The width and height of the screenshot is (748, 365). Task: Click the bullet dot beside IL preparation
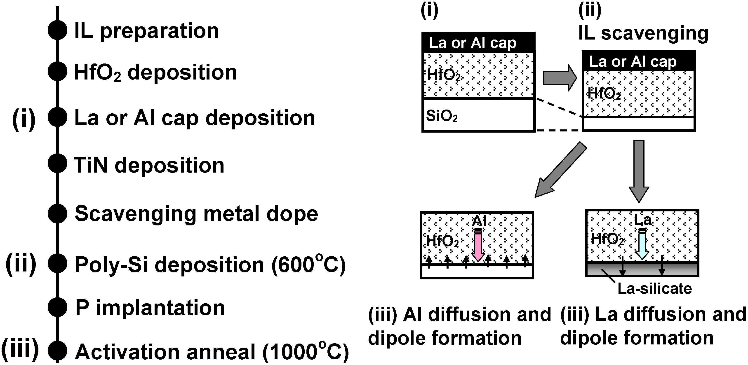[57, 30]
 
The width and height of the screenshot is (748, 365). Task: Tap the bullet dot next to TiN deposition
[57, 164]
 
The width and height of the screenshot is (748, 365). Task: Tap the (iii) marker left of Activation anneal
[20, 348]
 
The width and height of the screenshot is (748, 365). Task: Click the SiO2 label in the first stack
[442, 116]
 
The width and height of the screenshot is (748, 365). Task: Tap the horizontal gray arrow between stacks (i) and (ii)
[560, 78]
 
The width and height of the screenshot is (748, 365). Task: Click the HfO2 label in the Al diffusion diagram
[442, 241]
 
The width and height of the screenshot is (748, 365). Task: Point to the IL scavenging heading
[643, 33]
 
